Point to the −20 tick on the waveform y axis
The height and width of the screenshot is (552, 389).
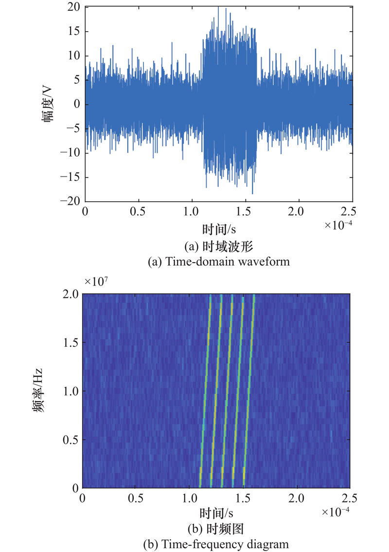click(72, 202)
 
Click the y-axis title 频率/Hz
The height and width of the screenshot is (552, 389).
click(38, 391)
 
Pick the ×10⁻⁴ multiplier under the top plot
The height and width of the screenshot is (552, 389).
click(338, 226)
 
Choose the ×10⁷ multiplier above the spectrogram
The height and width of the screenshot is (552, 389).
click(96, 282)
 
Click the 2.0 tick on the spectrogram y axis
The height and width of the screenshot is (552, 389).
click(72, 294)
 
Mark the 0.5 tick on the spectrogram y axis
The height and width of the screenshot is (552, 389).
click(72, 440)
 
